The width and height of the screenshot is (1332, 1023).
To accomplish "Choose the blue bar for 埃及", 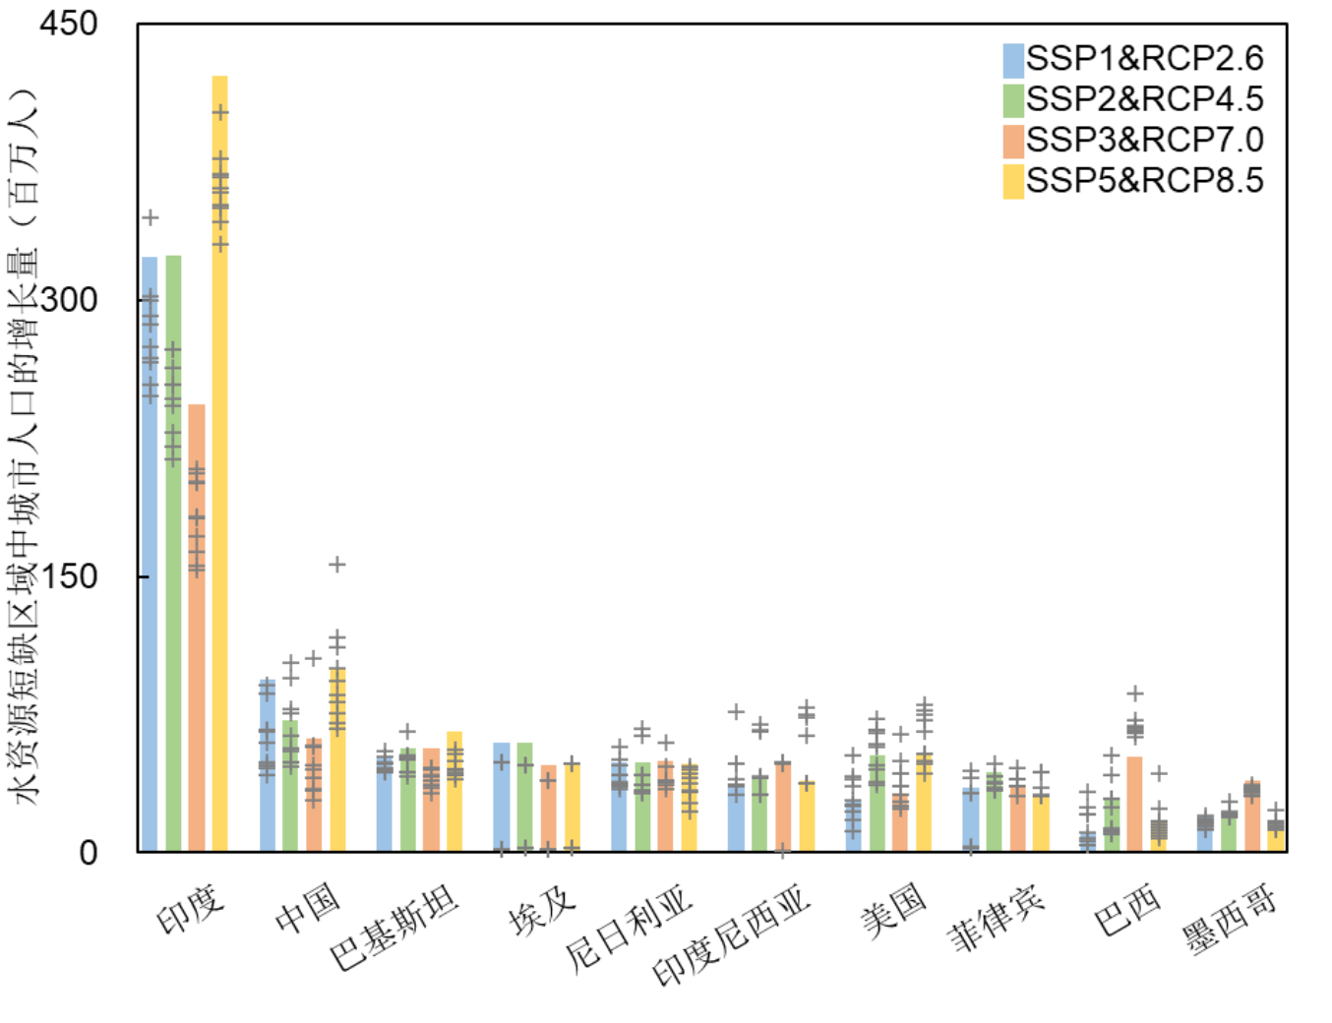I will coord(502,797).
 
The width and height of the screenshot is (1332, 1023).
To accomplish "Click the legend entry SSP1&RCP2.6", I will coord(1133,59).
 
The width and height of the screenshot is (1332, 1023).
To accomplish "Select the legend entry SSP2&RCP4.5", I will coord(1133,99).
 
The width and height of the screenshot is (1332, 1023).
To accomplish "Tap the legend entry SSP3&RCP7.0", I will coord(1133,141).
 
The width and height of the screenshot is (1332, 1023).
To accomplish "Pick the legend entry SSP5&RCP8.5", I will coord(1133,181).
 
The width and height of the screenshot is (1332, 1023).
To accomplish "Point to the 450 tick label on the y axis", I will coord(69,24).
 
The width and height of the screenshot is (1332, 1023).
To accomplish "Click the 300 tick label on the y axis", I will coord(69,300).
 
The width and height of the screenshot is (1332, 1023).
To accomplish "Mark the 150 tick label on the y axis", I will coord(69,576).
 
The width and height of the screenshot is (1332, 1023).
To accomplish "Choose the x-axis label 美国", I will coord(893,909).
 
